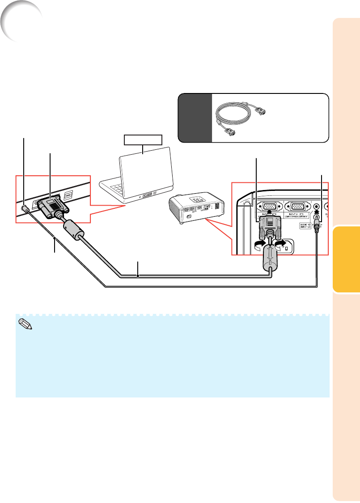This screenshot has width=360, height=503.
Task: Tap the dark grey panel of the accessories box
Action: (195, 118)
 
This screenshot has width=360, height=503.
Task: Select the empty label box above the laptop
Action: (143, 140)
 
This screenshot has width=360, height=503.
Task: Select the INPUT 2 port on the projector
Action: (298, 206)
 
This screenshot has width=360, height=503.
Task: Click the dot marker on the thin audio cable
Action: (55, 237)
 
